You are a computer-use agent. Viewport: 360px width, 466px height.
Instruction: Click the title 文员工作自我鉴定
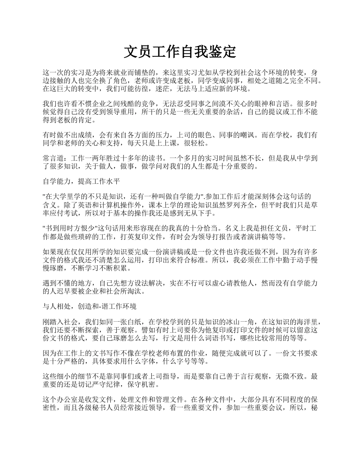(x=180, y=52)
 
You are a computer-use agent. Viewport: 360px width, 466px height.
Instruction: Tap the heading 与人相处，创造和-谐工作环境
(x=90, y=306)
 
